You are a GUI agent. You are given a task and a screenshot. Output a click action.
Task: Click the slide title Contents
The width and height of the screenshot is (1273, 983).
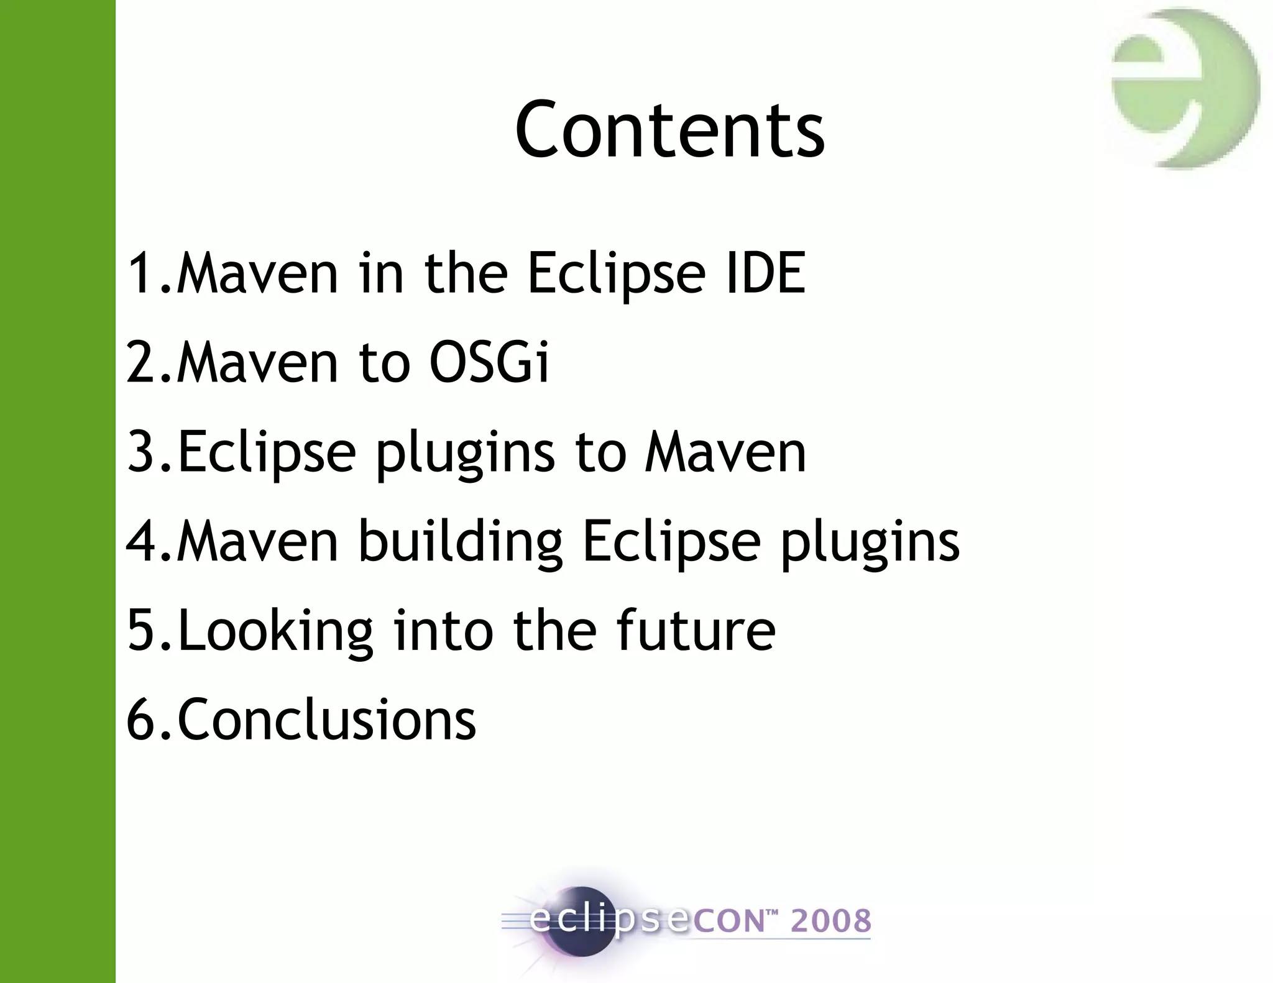[x=669, y=129]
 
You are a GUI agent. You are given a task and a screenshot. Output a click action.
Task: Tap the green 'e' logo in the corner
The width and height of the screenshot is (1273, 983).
[x=1184, y=89]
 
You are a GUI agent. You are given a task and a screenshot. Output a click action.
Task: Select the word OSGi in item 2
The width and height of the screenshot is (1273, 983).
[x=489, y=362]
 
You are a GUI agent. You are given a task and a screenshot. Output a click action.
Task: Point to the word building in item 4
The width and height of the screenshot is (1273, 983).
[x=460, y=541]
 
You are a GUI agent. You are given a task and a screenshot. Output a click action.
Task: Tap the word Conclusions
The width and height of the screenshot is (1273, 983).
[x=326, y=720]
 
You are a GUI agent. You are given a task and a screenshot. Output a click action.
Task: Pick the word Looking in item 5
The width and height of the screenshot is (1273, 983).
[x=275, y=631]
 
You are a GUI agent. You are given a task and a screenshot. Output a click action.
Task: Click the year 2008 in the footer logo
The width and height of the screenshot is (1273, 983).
[x=830, y=921]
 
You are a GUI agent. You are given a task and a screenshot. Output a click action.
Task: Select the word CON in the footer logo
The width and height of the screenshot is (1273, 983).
[x=728, y=921]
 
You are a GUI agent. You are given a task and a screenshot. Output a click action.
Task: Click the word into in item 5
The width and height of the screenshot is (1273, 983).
[x=443, y=630]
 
